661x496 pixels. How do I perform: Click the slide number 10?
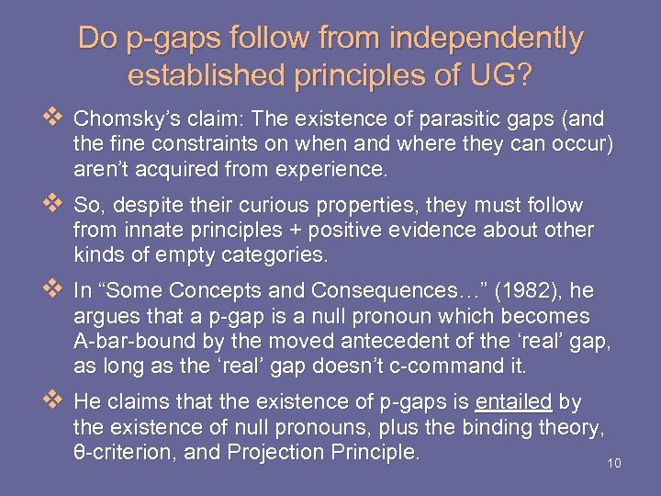[614, 463]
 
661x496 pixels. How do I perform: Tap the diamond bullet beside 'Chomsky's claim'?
[51, 118]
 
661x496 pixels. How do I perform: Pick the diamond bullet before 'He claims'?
[51, 401]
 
